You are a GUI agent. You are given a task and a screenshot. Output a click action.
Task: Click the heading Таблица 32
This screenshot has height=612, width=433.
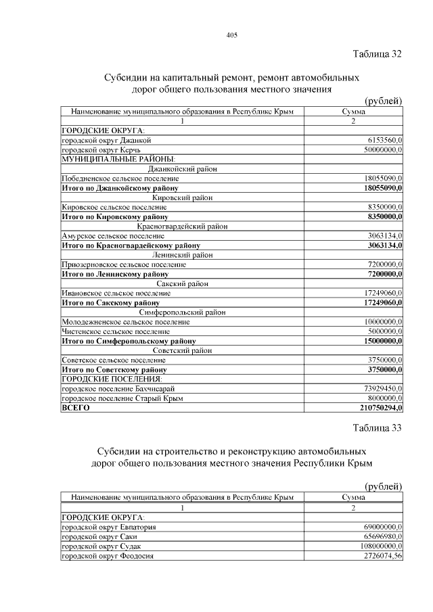click(378, 54)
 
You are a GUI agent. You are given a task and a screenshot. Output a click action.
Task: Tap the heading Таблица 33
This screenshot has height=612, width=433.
click(378, 427)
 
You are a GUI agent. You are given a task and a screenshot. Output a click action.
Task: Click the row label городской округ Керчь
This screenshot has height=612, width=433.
click(100, 149)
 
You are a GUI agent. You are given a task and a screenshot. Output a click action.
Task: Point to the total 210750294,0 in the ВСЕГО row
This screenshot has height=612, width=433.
click(381, 408)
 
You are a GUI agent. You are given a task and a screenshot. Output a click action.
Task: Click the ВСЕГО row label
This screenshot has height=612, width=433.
click(76, 408)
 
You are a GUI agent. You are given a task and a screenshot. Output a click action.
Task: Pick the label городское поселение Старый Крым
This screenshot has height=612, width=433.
click(122, 399)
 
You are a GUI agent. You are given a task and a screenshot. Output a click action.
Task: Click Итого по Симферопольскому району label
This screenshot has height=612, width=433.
click(129, 342)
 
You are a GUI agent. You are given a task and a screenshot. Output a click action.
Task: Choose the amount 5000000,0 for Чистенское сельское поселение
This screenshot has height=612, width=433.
click(384, 332)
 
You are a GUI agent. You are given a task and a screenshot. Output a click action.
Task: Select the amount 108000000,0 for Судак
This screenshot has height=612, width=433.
click(379, 546)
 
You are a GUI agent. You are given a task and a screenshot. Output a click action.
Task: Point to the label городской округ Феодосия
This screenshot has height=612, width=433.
click(108, 555)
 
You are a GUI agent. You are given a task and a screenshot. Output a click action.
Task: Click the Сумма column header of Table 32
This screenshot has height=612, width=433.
click(354, 112)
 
